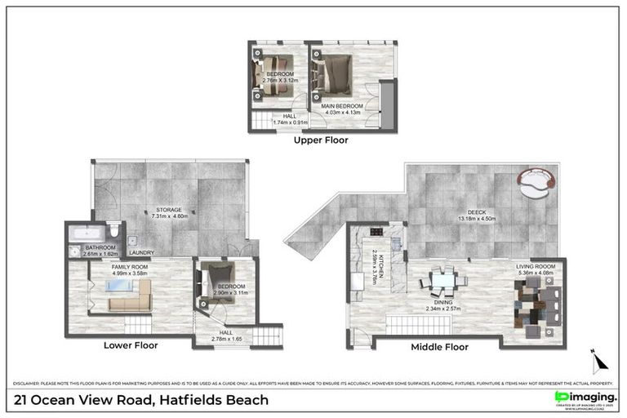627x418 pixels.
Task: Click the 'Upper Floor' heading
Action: click(x=321, y=140)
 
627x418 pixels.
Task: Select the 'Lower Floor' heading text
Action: click(x=131, y=345)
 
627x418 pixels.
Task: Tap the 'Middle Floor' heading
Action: click(x=441, y=346)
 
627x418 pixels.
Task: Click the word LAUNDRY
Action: click(x=142, y=252)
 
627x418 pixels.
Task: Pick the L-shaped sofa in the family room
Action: click(x=130, y=301)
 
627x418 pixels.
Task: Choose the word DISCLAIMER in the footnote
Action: click(x=28, y=382)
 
